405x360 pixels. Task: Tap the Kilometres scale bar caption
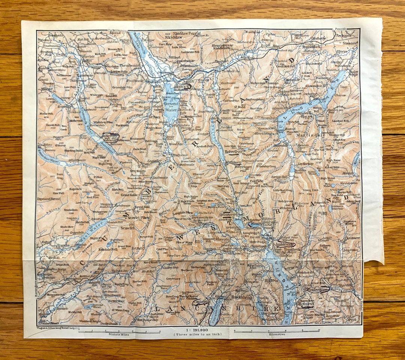276,334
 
